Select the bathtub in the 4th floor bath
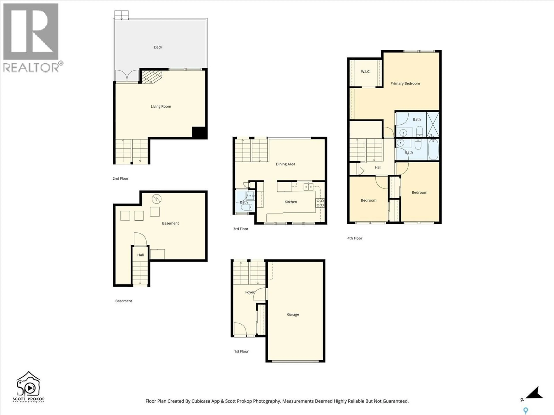coord(433,149)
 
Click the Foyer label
coord(249,292)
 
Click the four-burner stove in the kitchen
coord(320,203)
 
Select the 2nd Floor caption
coord(120,179)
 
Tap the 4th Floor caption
coord(355,238)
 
